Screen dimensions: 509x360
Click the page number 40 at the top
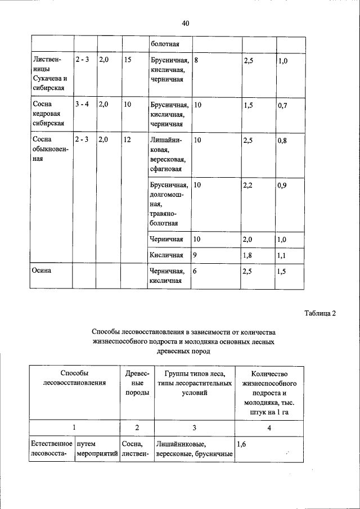pos(186,23)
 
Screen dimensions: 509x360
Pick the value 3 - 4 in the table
pos(82,105)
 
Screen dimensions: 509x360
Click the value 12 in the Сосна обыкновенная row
pos(128,140)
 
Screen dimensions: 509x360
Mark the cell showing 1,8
pos(249,255)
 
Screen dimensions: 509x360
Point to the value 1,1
pos(282,255)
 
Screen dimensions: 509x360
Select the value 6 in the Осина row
pos(195,271)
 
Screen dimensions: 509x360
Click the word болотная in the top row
pos(164,43)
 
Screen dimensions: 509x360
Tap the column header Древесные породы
pos(137,382)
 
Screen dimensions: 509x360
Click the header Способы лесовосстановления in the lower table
pos(74,377)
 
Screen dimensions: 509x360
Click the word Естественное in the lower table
pos(52,444)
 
